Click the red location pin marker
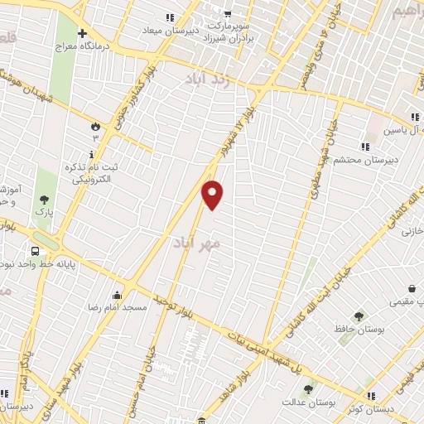pos(213,194)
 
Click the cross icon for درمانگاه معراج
pos(81,34)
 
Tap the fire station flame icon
pos(95,126)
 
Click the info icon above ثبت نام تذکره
pos(90,154)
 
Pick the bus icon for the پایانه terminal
pos(36,250)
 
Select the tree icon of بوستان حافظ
pos(358,316)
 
